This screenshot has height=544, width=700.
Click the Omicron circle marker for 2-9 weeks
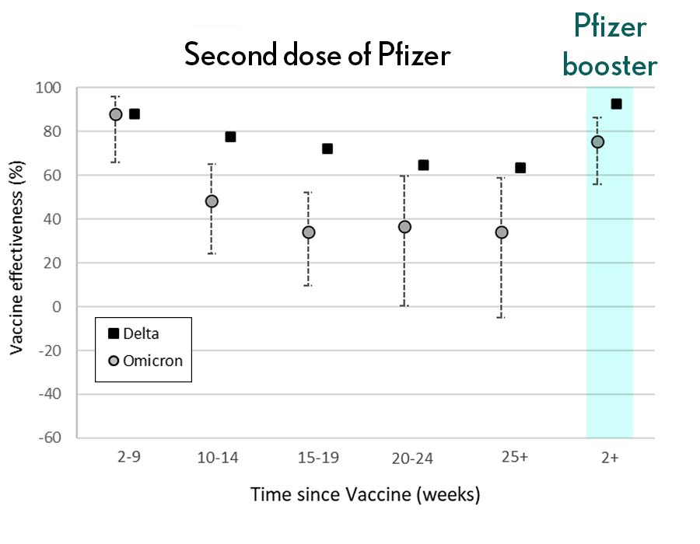(116, 114)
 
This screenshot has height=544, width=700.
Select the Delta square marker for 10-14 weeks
(230, 137)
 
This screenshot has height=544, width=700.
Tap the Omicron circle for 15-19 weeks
(309, 232)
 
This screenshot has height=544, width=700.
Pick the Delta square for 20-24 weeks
(423, 165)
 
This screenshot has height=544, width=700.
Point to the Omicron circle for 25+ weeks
(502, 232)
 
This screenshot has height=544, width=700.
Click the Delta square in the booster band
(616, 103)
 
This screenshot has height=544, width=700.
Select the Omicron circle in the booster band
(597, 141)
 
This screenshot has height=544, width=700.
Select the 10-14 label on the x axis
(219, 458)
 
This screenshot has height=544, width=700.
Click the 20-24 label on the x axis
(412, 458)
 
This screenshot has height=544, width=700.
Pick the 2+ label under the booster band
(610, 458)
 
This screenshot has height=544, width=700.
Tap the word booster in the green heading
(610, 65)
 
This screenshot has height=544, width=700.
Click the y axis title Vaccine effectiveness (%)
(16, 263)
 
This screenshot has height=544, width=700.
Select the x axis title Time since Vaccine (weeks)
(365, 494)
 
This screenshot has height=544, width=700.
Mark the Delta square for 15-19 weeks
(327, 148)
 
